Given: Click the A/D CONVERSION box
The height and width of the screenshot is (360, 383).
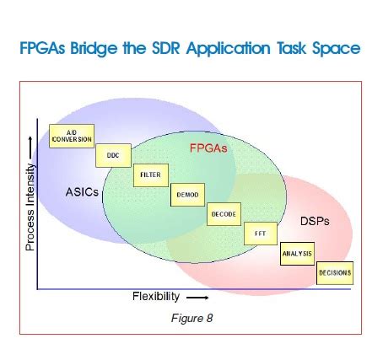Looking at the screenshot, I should [x=72, y=136].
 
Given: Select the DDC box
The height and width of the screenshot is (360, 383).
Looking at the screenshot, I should [x=112, y=155].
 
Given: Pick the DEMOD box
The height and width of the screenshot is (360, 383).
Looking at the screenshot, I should [x=186, y=194].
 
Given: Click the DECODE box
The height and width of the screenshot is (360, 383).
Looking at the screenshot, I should [x=223, y=214].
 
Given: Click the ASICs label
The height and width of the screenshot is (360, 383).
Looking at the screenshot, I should [x=82, y=191].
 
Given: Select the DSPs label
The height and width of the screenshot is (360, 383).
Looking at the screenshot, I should [x=314, y=223].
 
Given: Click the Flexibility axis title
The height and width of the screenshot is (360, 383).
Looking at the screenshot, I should [x=156, y=297].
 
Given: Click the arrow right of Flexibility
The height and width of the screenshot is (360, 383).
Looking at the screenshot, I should [x=197, y=298].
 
